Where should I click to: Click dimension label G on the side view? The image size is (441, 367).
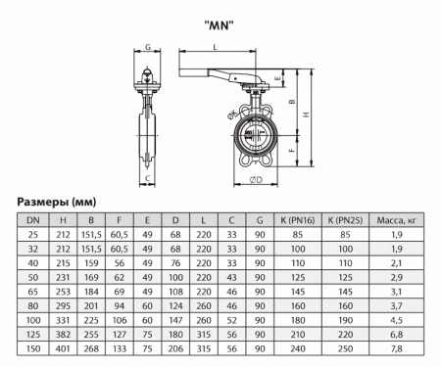(x=147, y=47)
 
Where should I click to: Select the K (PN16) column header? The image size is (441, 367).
(x=289, y=222)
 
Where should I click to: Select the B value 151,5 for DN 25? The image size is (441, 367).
(x=92, y=236)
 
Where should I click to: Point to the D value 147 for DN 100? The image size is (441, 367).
(x=175, y=319)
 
